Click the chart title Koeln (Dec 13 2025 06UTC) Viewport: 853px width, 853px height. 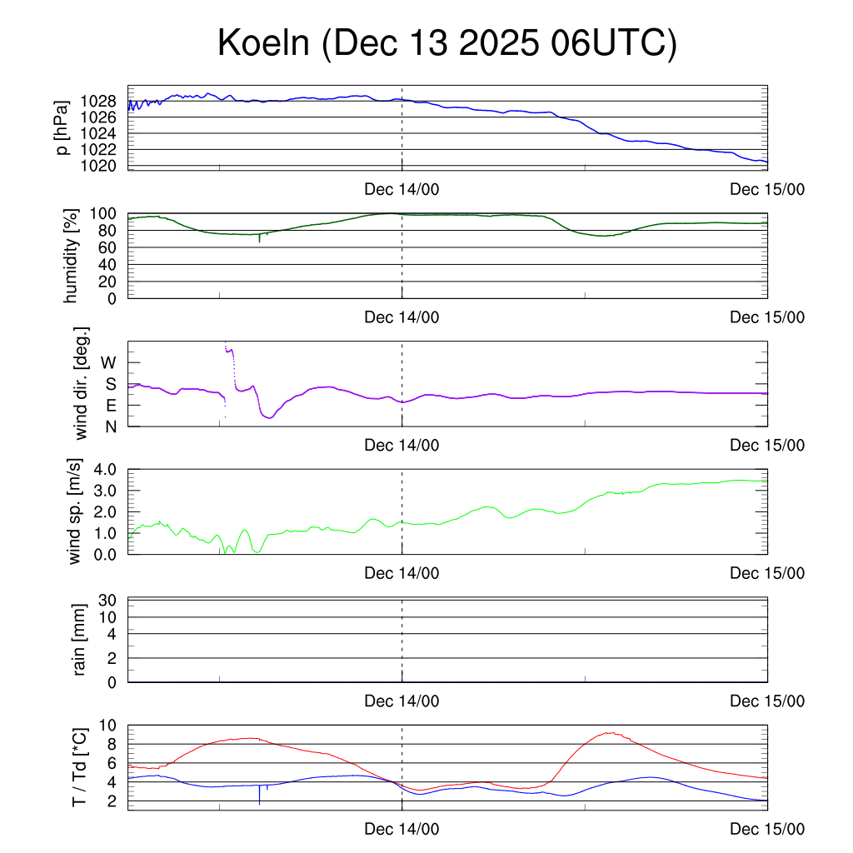coord(446,43)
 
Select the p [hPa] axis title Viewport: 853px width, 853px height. coord(62,127)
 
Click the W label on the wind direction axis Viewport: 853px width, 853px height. coord(109,362)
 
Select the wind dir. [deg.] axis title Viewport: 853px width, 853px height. coord(82,383)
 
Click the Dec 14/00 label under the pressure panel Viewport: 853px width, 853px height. coord(402,190)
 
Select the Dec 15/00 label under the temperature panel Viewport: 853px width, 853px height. coord(767,830)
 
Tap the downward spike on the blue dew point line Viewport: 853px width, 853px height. coord(260,798)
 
